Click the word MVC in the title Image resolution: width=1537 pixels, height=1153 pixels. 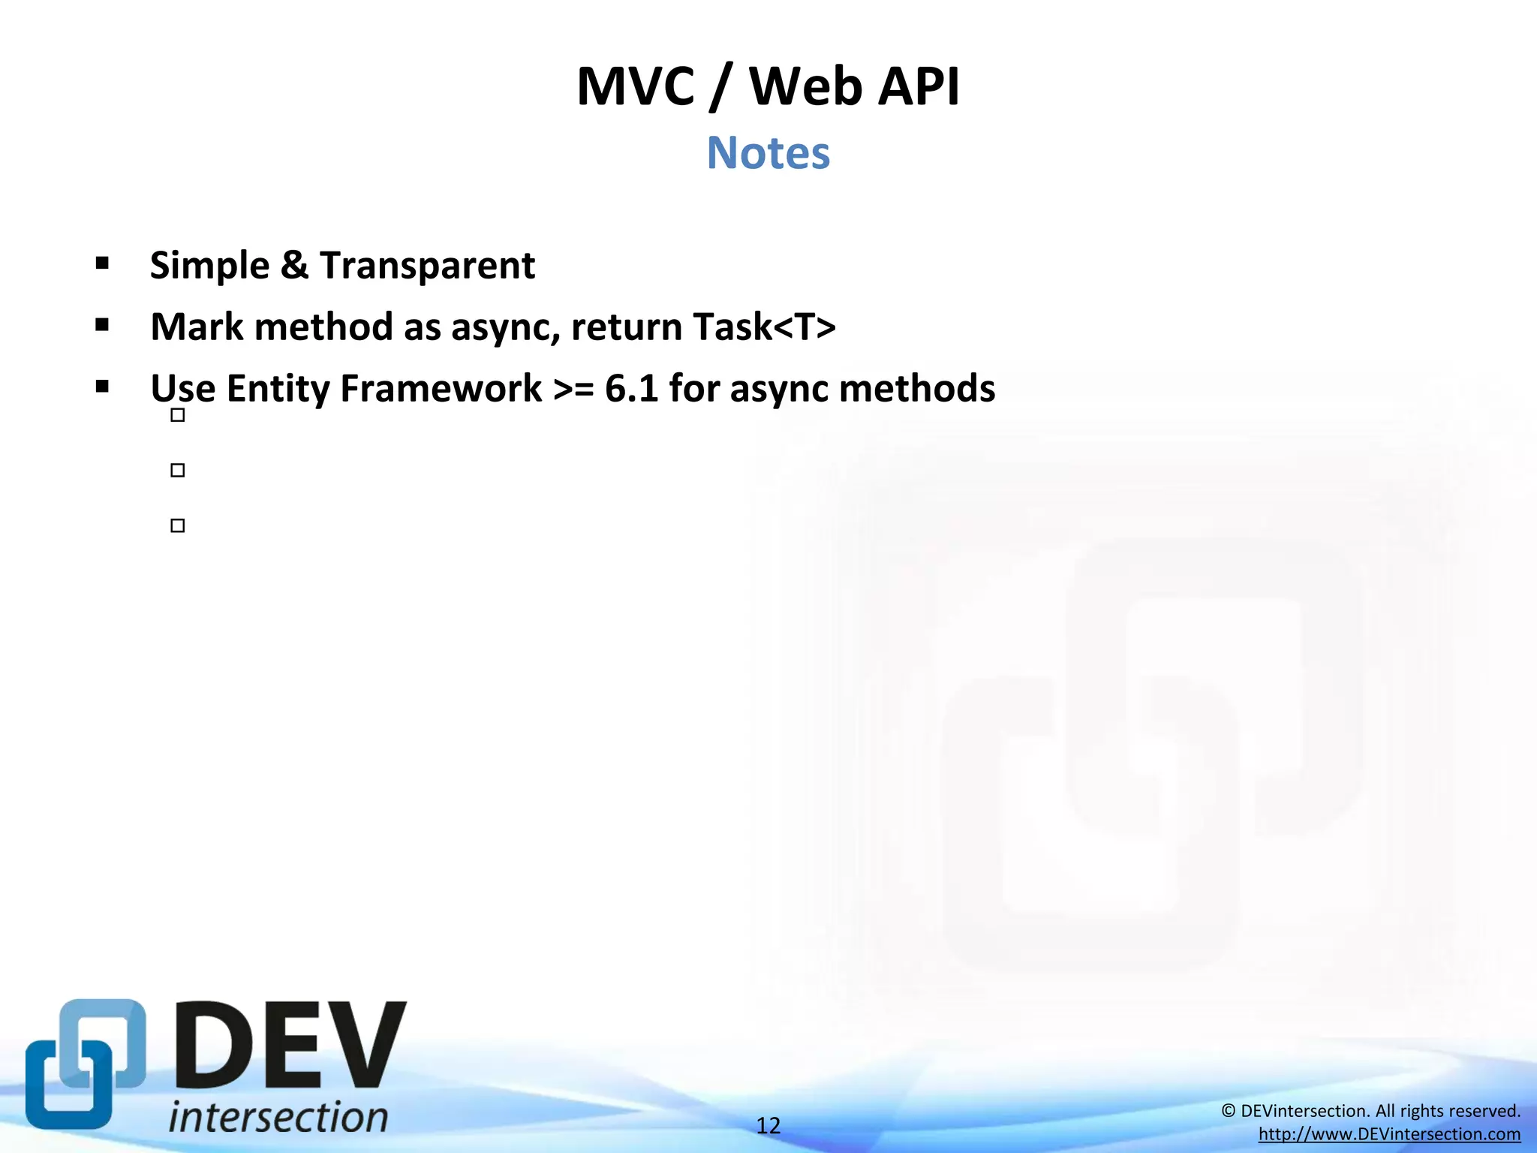[x=636, y=87]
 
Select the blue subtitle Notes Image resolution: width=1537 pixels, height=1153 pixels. [x=768, y=153]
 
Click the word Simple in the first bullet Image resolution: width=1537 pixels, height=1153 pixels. [x=209, y=266]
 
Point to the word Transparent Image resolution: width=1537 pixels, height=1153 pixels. [x=427, y=266]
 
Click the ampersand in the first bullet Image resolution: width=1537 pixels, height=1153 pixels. [x=294, y=266]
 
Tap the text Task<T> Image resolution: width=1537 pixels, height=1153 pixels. [x=764, y=327]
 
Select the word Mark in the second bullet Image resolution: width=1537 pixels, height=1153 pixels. [x=197, y=327]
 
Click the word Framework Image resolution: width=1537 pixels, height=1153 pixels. [x=441, y=389]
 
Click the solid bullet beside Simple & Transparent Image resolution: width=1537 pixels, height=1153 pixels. [x=103, y=263]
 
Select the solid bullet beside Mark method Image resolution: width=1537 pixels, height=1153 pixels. [x=103, y=325]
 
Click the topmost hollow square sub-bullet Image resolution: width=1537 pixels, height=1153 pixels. [x=178, y=415]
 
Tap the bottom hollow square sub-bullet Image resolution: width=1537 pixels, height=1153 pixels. [x=178, y=525]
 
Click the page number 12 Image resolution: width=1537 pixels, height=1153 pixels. [x=768, y=1125]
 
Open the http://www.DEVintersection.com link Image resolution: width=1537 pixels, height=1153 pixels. [x=1389, y=1134]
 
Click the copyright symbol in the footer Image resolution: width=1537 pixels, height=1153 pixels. [x=1229, y=1111]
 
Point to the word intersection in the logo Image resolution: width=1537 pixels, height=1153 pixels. [x=278, y=1117]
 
